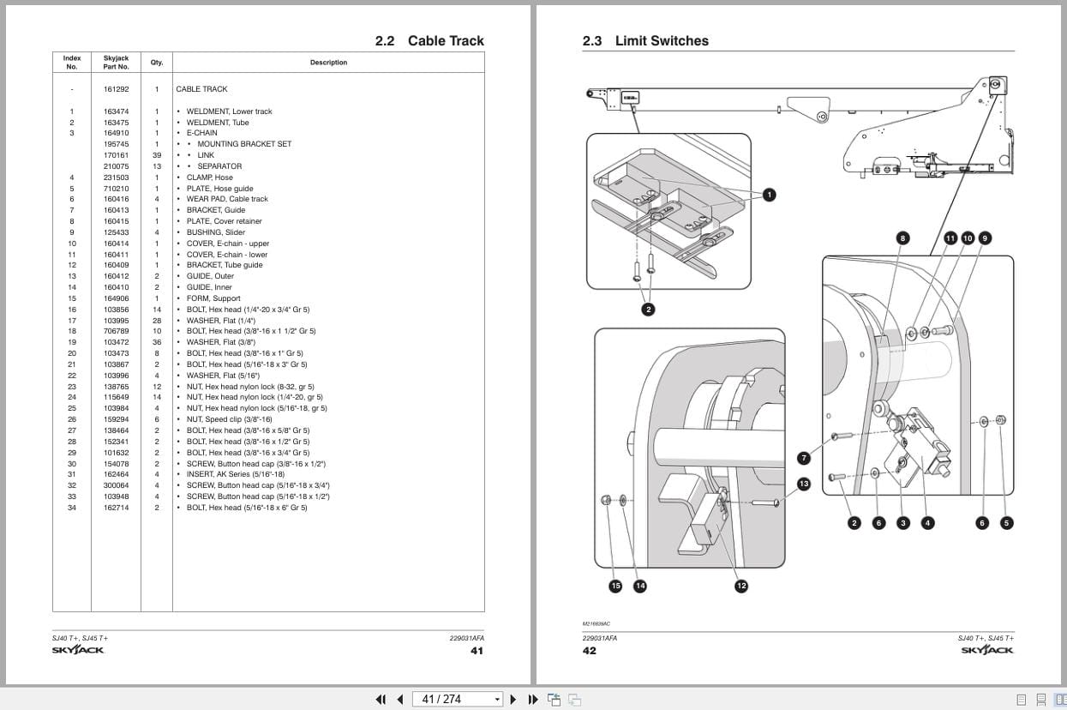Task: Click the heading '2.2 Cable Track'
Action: pyautogui.click(x=429, y=41)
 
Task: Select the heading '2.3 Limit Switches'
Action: pyautogui.click(x=644, y=41)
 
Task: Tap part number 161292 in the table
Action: pyautogui.click(x=116, y=89)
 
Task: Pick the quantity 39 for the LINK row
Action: pyautogui.click(x=157, y=155)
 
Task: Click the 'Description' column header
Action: pyautogui.click(x=328, y=63)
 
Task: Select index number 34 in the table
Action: pyautogui.click(x=72, y=508)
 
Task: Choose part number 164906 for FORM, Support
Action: pyautogui.click(x=116, y=298)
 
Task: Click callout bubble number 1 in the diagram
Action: pyautogui.click(x=769, y=196)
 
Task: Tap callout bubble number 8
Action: pyautogui.click(x=902, y=238)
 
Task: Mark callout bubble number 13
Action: pyautogui.click(x=803, y=484)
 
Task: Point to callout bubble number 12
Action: pyautogui.click(x=740, y=586)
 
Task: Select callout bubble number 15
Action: pyautogui.click(x=615, y=586)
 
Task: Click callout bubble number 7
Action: pyautogui.click(x=803, y=458)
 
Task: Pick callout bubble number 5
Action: pyautogui.click(x=1007, y=523)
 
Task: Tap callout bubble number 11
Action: pyautogui.click(x=950, y=238)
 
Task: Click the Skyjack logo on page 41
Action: pyautogui.click(x=77, y=650)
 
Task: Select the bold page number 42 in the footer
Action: pyautogui.click(x=590, y=651)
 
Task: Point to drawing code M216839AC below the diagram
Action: pyautogui.click(x=596, y=624)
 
